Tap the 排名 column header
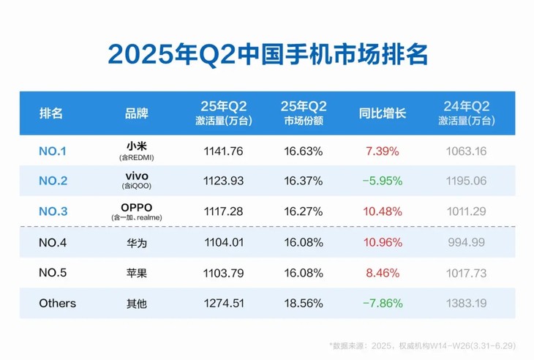[x=51, y=113]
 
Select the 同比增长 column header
[x=382, y=113]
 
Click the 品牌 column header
[x=137, y=113]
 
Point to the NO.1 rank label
[x=52, y=151]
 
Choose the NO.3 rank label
[x=53, y=211]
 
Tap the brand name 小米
[x=137, y=147]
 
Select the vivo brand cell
[x=137, y=176]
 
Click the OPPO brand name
[x=137, y=207]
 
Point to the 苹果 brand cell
[x=137, y=273]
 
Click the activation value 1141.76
[x=224, y=151]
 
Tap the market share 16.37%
[x=304, y=181]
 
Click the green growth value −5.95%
[x=382, y=181]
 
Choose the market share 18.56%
[x=304, y=303]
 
